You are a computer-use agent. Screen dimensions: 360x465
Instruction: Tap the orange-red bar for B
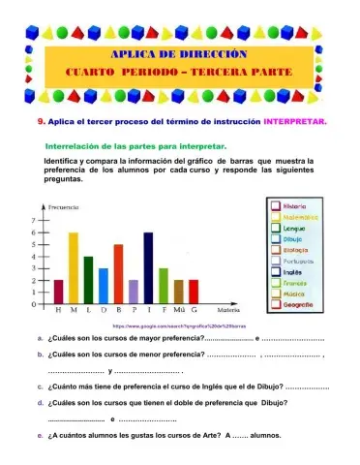(118, 275)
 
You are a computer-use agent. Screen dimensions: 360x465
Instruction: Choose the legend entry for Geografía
(295, 303)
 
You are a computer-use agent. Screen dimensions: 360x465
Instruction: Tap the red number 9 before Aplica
(40, 123)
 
